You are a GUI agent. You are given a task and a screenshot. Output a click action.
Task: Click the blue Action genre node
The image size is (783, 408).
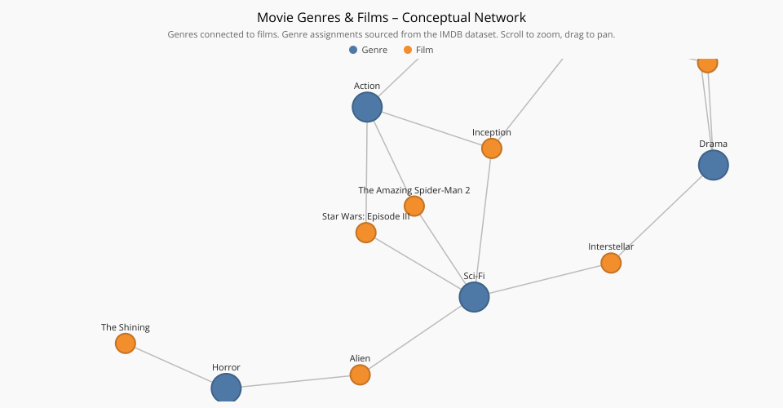(367, 107)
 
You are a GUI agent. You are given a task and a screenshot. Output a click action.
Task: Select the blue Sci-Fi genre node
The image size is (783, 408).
(474, 297)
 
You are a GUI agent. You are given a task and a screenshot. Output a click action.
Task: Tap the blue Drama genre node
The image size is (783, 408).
(713, 165)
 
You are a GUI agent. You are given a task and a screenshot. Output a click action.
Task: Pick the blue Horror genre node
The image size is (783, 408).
(226, 388)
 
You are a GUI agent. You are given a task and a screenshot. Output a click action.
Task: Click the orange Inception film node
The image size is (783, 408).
(491, 149)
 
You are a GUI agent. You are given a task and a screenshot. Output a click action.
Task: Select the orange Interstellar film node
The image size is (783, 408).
(611, 263)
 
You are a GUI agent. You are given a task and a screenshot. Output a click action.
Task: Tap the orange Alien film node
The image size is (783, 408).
(360, 375)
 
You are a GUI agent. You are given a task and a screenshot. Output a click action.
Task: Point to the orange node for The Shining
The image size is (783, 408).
(126, 343)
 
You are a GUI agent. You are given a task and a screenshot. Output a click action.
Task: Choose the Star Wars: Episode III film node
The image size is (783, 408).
(366, 233)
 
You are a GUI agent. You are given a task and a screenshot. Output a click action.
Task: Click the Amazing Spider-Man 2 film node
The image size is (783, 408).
(414, 206)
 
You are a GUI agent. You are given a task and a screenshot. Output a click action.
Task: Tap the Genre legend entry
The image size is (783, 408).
(368, 50)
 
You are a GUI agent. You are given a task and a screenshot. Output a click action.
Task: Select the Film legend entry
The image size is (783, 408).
(418, 50)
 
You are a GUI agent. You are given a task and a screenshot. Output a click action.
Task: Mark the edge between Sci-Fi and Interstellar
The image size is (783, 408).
(545, 279)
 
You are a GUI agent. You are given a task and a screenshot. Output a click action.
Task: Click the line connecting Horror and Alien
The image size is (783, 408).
(295, 382)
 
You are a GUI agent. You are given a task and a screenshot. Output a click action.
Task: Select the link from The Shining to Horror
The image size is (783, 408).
(173, 365)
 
